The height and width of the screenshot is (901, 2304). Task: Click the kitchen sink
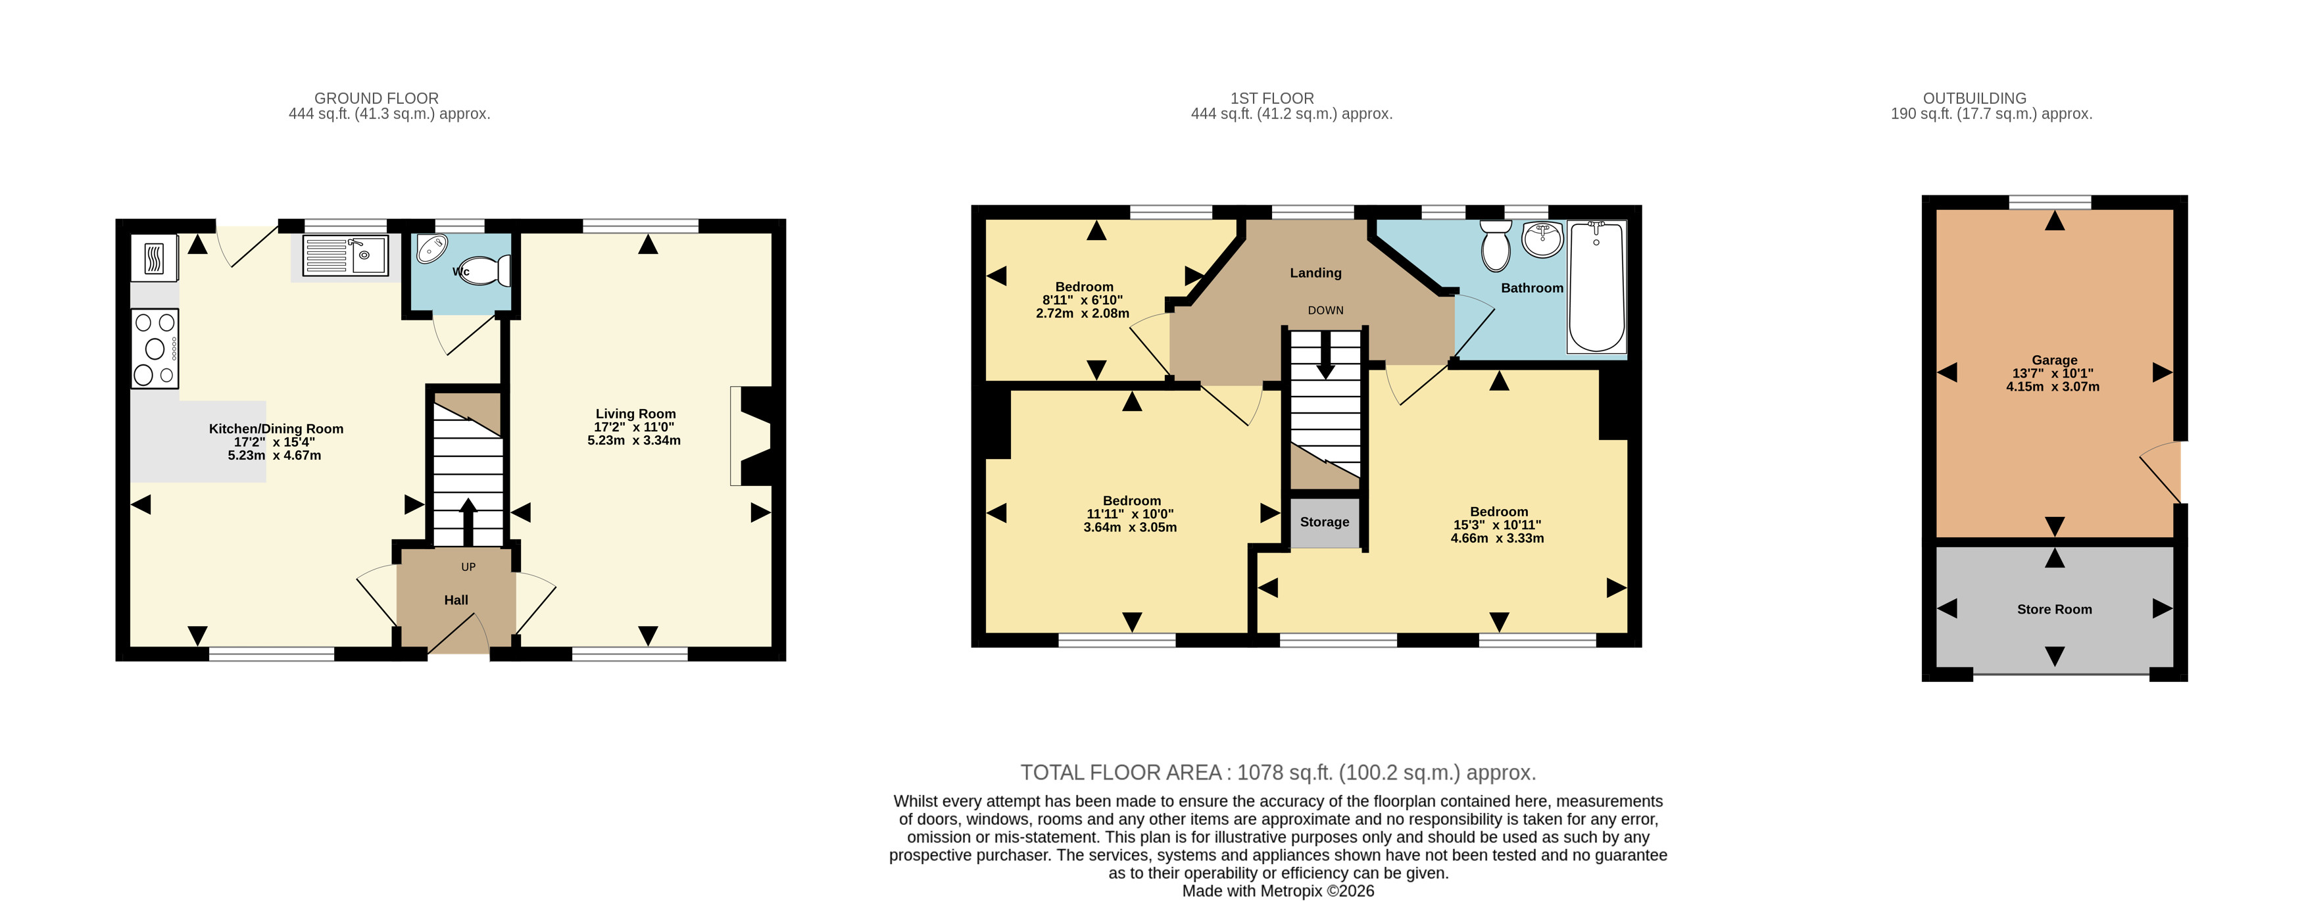pos(345,256)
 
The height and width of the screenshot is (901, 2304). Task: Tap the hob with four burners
pos(155,348)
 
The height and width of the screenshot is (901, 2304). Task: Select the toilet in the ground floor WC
pos(484,270)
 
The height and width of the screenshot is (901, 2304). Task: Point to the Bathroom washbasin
pos(1543,239)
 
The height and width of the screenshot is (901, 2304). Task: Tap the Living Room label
pos(636,414)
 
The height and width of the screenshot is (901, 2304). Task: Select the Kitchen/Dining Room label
pos(276,429)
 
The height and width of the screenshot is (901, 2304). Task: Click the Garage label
pos(2055,360)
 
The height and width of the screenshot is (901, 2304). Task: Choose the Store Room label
pos(2055,609)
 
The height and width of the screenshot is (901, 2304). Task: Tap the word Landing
pos(1315,273)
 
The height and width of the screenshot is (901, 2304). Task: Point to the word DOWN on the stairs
pos(1325,310)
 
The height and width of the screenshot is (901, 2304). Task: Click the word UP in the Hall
pos(469,568)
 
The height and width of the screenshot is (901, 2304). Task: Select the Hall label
pos(456,600)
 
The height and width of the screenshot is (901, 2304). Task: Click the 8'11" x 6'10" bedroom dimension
pos(1082,300)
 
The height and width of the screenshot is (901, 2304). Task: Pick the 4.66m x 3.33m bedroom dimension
pos(1497,538)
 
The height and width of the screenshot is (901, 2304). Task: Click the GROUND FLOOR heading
pos(377,99)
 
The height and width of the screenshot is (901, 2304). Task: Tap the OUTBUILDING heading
pos(1975,99)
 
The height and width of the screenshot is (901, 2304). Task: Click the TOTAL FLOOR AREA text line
pos(1278,772)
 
